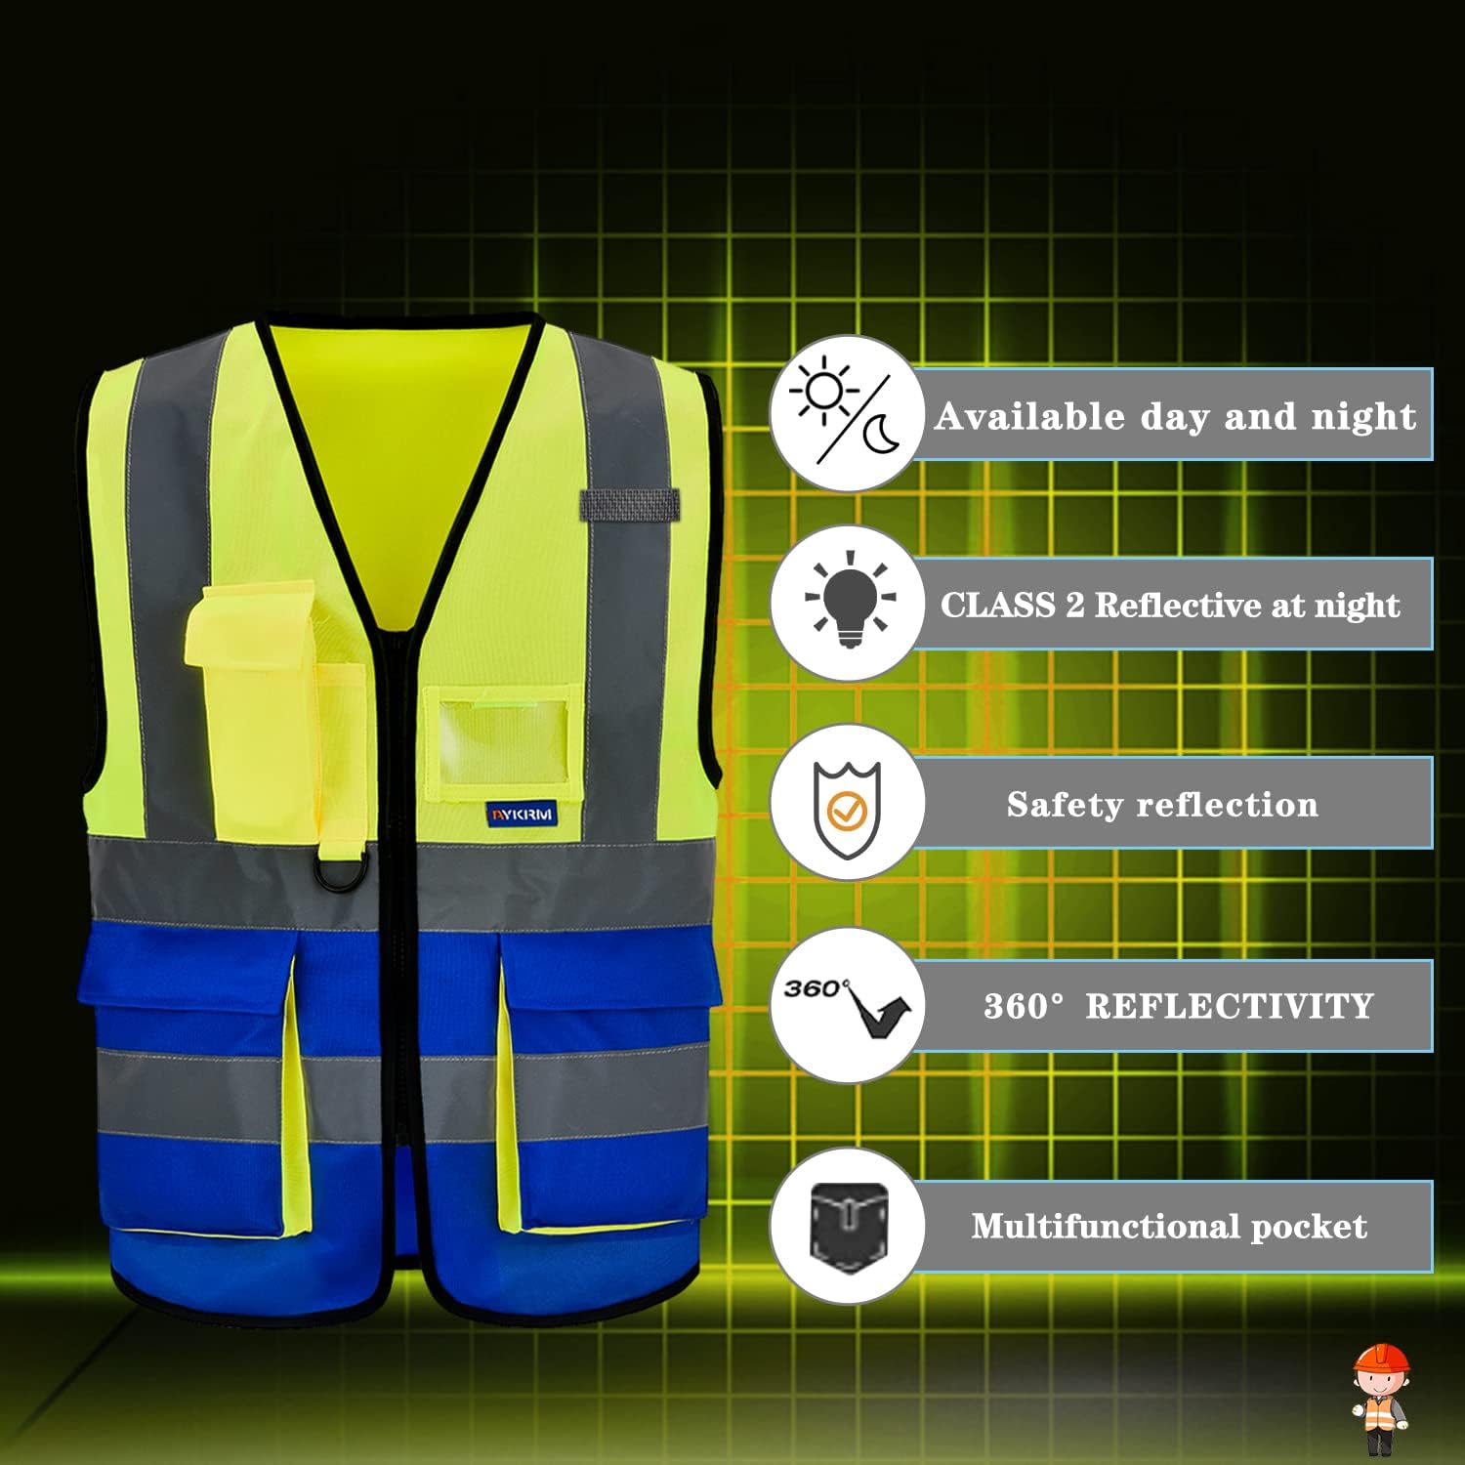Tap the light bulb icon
[x=850, y=599]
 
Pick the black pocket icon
[x=848, y=1226]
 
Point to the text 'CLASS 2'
[x=1012, y=605]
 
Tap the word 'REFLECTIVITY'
[x=1229, y=1006]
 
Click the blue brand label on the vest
[x=522, y=814]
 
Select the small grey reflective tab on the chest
[x=629, y=505]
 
